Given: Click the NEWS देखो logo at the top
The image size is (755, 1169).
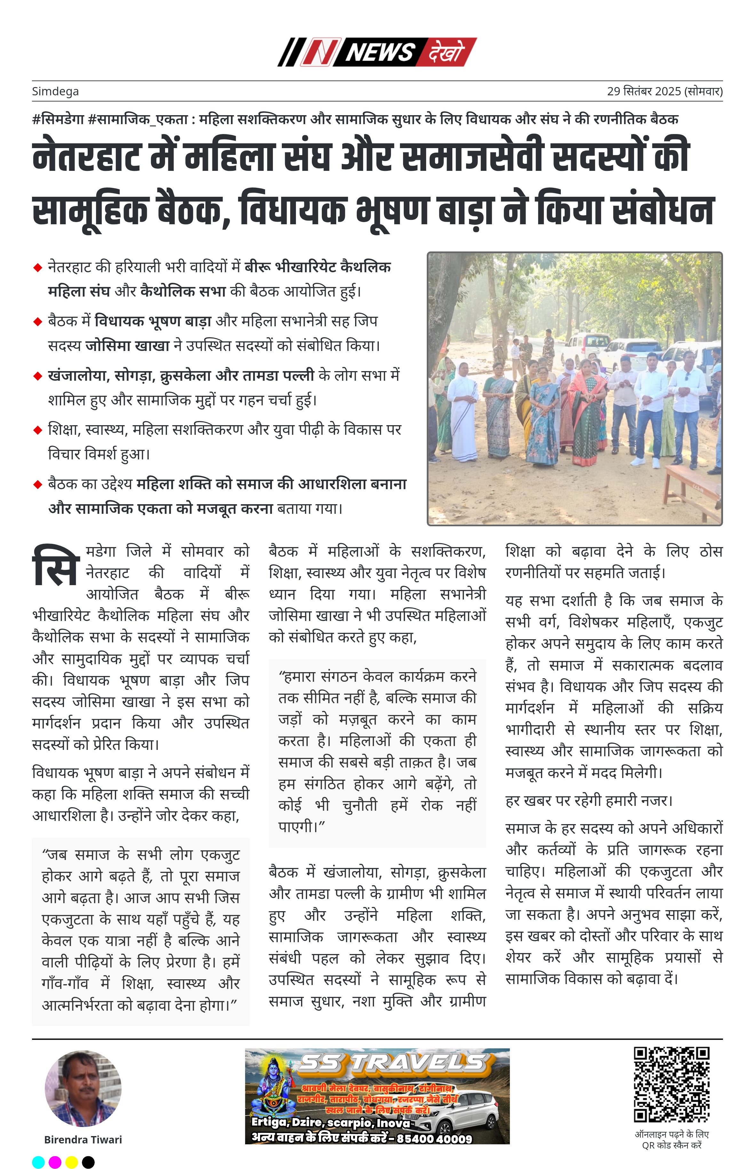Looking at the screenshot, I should [377, 52].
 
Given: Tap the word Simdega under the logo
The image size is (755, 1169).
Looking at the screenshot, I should [55, 91].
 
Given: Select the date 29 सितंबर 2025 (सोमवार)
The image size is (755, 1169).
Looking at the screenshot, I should [664, 91].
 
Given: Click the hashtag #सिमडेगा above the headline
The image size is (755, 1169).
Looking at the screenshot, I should [58, 119].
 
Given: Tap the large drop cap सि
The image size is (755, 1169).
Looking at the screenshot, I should [55, 567].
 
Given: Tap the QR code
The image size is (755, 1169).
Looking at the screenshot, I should [671, 1085].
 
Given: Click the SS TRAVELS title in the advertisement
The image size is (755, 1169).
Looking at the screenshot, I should [392, 1063].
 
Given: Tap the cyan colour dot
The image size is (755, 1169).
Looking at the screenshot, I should [38, 1162].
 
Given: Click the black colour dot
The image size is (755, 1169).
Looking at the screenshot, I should [88, 1162].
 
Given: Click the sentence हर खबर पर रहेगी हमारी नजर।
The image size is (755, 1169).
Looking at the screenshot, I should [588, 801].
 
